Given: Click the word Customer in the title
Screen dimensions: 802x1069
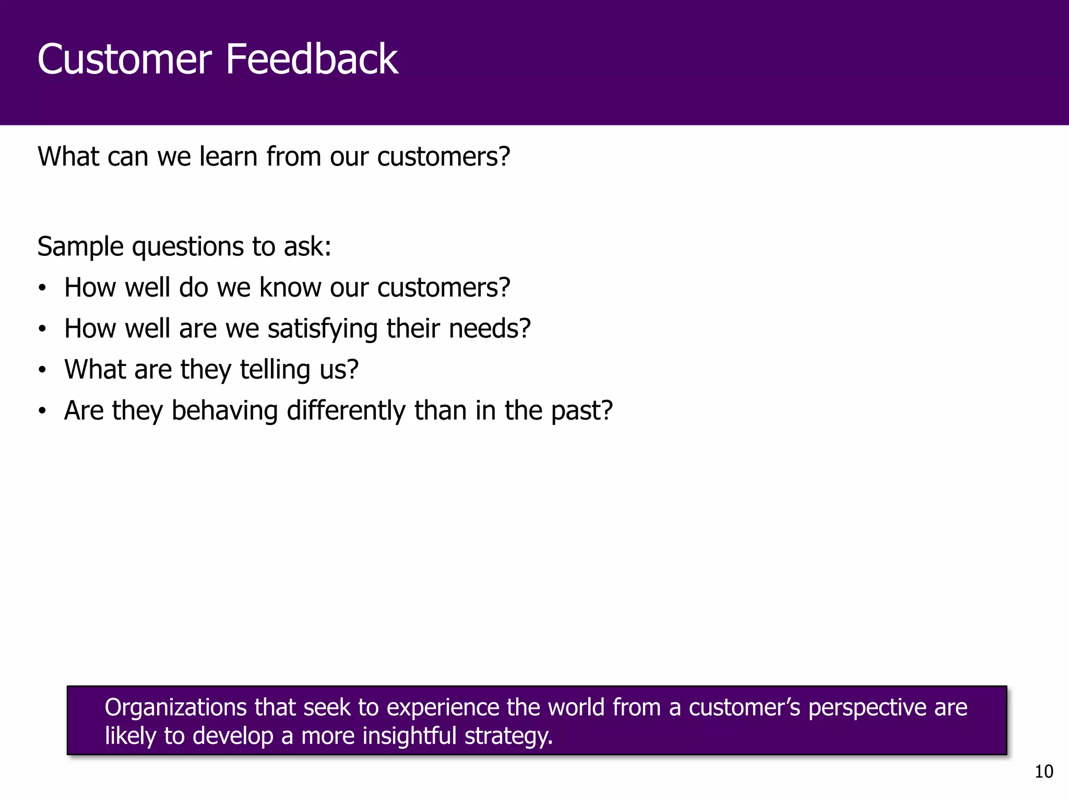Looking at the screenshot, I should [x=124, y=60].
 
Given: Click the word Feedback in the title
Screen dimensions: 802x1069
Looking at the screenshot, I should [x=312, y=60].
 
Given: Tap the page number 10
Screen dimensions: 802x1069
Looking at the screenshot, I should [x=1043, y=772].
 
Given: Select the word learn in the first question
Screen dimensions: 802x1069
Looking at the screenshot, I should [x=228, y=157].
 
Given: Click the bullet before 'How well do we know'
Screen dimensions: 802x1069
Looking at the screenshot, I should [x=42, y=288].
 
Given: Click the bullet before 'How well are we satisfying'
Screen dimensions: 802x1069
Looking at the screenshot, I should [x=42, y=329].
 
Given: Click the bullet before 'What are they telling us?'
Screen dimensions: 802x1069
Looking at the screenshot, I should [x=42, y=370].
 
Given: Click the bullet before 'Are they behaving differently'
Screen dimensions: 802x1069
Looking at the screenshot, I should [x=42, y=411].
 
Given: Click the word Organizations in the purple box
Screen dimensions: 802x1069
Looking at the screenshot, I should [x=175, y=708].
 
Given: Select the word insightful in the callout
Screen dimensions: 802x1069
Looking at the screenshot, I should [x=410, y=736].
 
